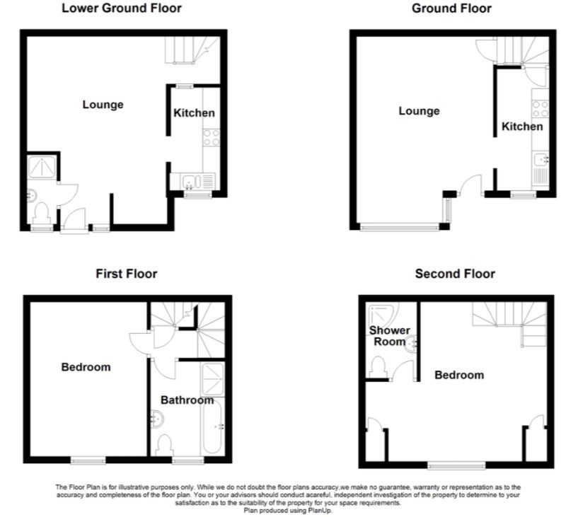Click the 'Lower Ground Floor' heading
pos(121,8)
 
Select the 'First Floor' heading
pos(127,273)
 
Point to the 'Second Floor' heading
pos(455,274)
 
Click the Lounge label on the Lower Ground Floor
pos(103,105)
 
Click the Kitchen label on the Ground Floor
pos(522,127)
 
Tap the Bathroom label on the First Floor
pos(186,400)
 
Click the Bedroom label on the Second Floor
pos(459,375)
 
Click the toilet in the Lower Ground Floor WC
pos(42,212)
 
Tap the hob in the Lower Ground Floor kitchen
pos(212,136)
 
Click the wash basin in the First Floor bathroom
pos(156,419)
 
